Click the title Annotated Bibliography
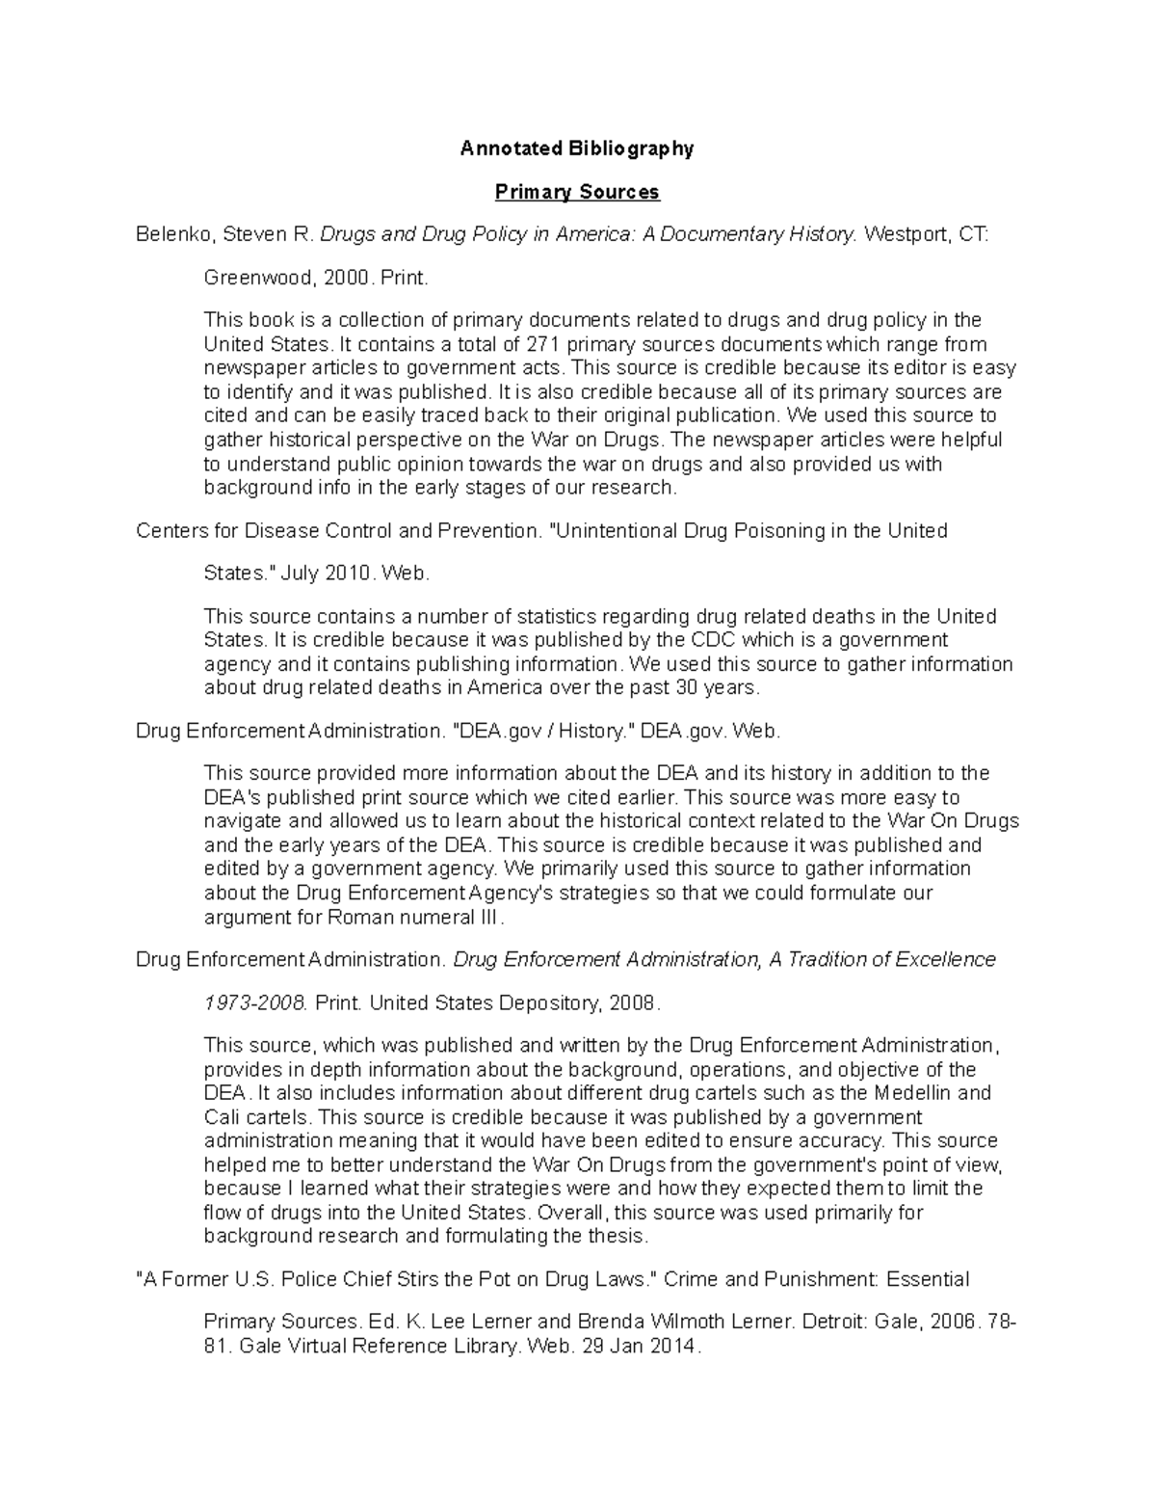pyautogui.click(x=576, y=148)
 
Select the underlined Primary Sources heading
pyautogui.click(x=576, y=192)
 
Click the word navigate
pyautogui.click(x=240, y=821)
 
